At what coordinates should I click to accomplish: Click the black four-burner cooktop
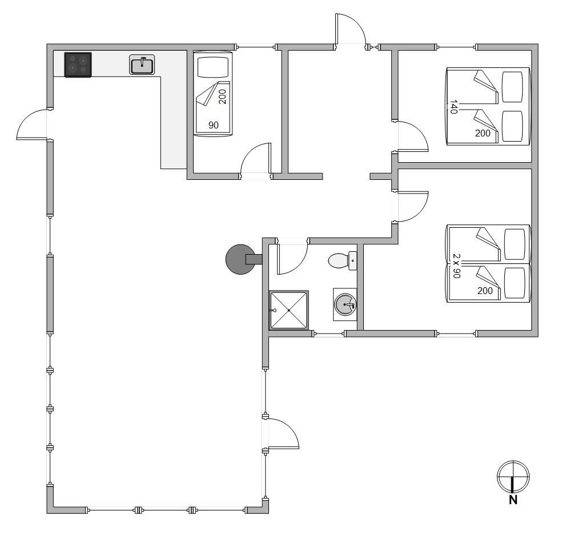[x=78, y=65]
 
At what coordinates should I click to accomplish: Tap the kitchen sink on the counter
[x=142, y=65]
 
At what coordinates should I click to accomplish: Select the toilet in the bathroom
[x=342, y=260]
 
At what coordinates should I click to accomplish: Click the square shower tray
[x=288, y=310]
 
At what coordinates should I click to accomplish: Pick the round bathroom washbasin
[x=345, y=304]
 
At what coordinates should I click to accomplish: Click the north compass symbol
[x=513, y=477]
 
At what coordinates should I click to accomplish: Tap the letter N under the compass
[x=513, y=500]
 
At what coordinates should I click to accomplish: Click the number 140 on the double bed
[x=453, y=107]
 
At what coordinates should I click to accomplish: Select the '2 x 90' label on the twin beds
[x=456, y=266]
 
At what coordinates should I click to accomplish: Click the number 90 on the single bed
[x=214, y=125]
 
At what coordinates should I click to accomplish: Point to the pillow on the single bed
[x=213, y=67]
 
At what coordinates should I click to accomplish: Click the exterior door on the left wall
[x=31, y=124]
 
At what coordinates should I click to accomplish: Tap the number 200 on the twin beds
[x=485, y=291]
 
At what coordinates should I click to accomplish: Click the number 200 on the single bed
[x=222, y=96]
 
